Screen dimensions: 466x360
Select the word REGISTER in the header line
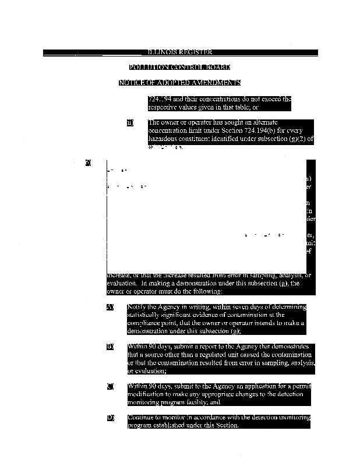[x=191, y=52]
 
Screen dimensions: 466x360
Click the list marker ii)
[x=130, y=123]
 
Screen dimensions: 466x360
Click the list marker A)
[x=110, y=307]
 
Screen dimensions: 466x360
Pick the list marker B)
[x=110, y=347]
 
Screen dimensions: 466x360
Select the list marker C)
[x=110, y=386]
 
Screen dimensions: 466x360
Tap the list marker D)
[x=110, y=418]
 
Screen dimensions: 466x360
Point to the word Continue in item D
[x=140, y=418]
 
